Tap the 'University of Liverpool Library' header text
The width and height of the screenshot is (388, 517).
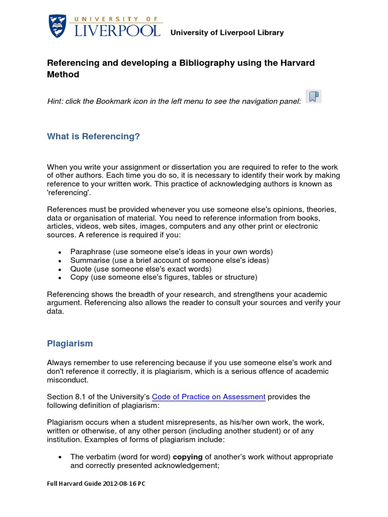pos(227,33)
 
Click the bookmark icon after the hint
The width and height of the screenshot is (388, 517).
pos(313,97)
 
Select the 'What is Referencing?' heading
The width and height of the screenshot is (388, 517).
pos(93,136)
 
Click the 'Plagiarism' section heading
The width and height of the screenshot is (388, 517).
pos(70,343)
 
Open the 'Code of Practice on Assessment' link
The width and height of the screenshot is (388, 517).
pos(208,397)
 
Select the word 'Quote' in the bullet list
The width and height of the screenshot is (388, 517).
pos(81,269)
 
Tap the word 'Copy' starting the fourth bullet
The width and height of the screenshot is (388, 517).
pos(80,277)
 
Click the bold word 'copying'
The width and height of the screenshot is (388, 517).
pos(188,457)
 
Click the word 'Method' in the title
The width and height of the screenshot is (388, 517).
pos(63,75)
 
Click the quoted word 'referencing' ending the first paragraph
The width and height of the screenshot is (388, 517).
pos(70,193)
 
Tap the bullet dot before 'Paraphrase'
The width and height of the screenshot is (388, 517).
pos(60,252)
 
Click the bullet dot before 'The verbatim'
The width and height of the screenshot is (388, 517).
pos(60,457)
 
